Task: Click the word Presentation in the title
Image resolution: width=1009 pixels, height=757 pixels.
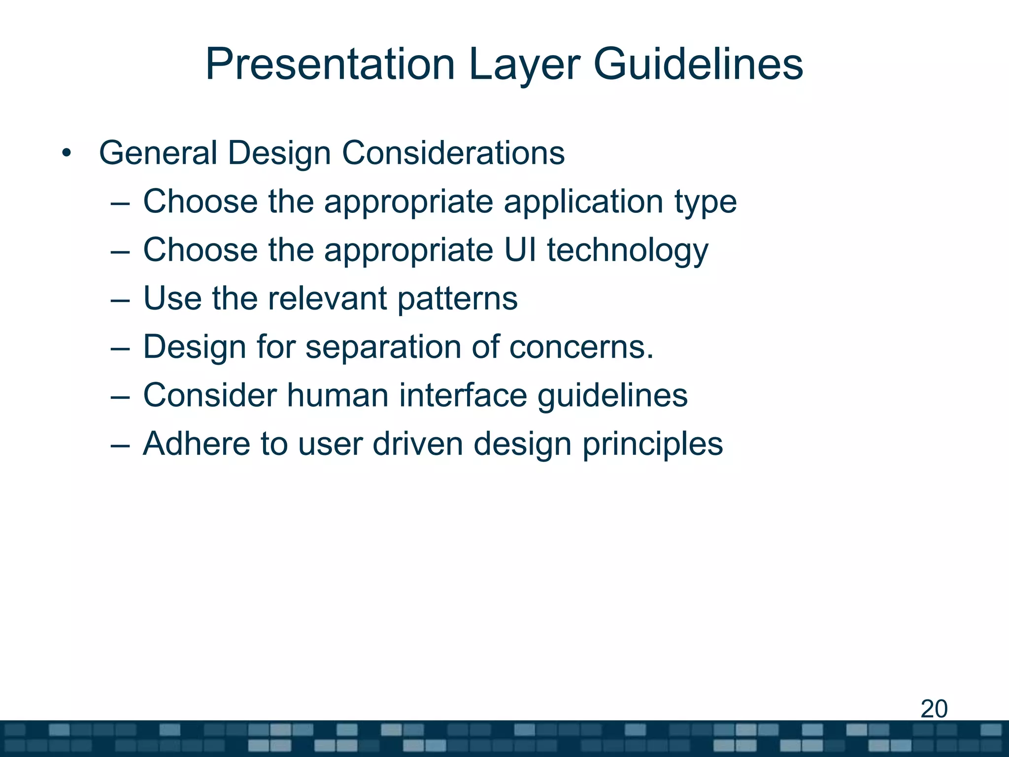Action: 330,64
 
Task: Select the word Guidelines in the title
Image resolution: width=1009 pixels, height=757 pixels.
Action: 698,64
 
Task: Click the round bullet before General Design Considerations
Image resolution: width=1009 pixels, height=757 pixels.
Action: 67,154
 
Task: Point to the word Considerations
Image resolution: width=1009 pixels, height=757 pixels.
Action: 453,153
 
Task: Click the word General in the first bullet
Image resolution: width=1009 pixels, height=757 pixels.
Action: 158,153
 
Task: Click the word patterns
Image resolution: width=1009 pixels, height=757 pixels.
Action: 457,299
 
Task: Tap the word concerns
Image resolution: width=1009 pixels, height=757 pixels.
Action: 581,347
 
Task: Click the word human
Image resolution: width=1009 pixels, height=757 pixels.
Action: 337,395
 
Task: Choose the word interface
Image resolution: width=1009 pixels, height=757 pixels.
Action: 463,395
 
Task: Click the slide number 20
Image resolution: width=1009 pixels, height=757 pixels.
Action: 934,709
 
